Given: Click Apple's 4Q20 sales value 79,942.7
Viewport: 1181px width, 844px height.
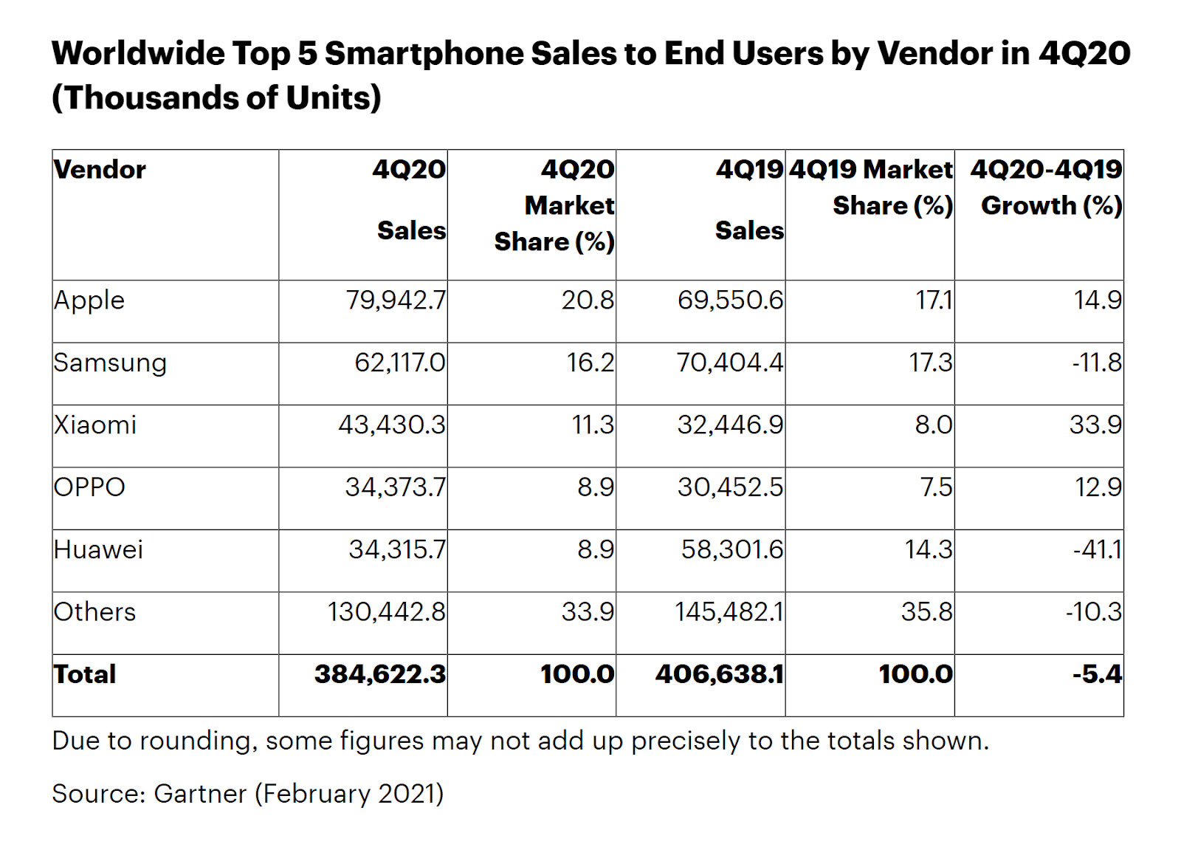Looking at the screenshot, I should [x=396, y=301].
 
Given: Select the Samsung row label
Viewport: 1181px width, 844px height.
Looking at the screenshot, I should [x=110, y=363].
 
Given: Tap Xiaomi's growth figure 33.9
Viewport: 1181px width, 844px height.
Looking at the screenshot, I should [x=1095, y=425].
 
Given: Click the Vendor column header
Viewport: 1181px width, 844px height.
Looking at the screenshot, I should [x=100, y=170].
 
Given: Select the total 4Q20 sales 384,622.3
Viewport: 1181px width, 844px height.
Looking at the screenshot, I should [x=380, y=674].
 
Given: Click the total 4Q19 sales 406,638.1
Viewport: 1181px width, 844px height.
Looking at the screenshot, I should [x=719, y=674].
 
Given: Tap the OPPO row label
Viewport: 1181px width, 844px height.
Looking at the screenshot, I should [x=89, y=487].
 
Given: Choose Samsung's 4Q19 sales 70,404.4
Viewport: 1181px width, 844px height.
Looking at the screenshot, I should [x=730, y=363].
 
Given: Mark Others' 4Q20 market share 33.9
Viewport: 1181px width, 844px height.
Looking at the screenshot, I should [x=588, y=612].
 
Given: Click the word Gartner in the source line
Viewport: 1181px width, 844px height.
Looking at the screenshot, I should [x=199, y=794].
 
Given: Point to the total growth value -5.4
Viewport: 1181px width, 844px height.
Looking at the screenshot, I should [x=1097, y=674].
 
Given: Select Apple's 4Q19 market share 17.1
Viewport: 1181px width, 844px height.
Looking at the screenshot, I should [x=934, y=301].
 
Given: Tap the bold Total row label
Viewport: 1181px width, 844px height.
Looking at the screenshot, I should [x=85, y=674].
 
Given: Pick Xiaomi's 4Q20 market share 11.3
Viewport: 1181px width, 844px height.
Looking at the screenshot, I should [x=593, y=425].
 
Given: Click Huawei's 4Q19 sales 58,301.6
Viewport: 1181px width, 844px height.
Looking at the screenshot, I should [x=731, y=550].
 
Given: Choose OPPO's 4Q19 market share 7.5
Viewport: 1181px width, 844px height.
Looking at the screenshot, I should [x=936, y=487].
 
